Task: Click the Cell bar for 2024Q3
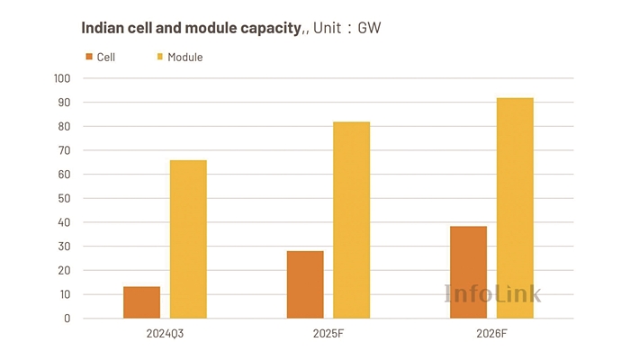coord(141,302)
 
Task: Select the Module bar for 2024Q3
coord(188,239)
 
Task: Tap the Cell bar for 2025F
coord(305,284)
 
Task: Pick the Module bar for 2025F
coord(351,220)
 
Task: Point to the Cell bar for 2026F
coord(468,272)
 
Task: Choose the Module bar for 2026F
coord(515,208)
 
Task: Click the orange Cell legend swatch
coord(89,57)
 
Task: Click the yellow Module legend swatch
coord(160,57)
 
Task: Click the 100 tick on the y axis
coord(61,78)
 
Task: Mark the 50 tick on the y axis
coord(64,198)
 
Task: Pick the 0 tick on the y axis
coord(67,318)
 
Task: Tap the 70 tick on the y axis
coord(64,150)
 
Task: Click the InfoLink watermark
coord(493,292)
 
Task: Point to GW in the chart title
coord(370,29)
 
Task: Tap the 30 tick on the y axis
coord(64,246)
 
